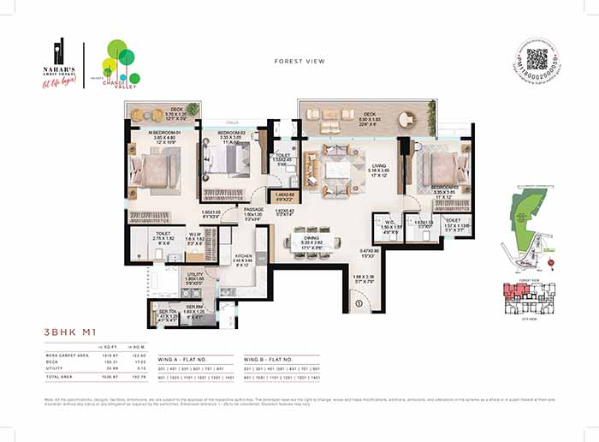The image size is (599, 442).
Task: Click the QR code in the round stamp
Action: pos(537,59)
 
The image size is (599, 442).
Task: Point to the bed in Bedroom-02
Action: pos(228,159)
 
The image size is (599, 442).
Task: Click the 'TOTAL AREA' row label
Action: pos(62,377)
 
